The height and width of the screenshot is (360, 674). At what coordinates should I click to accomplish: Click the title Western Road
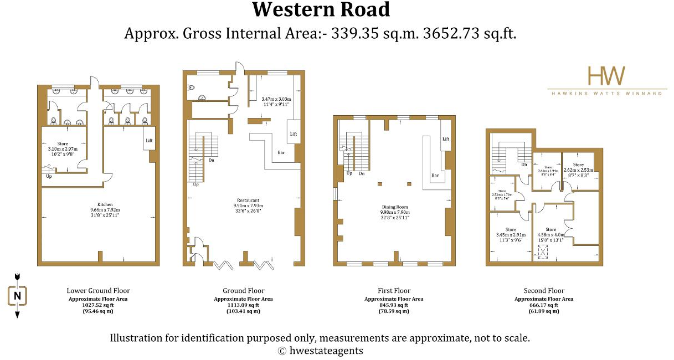[321, 10]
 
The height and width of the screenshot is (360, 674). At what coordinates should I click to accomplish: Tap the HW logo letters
[606, 76]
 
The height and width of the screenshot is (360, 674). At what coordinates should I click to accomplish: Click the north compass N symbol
[17, 296]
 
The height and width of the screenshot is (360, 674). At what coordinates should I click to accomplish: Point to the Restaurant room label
[246, 200]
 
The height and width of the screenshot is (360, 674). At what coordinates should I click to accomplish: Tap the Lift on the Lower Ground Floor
[149, 141]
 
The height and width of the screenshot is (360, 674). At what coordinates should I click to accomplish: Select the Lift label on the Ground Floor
[294, 134]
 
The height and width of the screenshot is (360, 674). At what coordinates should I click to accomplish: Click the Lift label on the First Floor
[445, 139]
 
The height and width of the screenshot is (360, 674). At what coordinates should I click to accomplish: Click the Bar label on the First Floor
[435, 175]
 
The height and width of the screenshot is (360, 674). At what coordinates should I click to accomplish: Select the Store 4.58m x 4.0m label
[550, 229]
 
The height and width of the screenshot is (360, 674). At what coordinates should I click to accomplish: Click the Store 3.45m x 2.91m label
[510, 229]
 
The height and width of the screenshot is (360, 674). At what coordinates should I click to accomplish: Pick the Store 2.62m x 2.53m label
[578, 164]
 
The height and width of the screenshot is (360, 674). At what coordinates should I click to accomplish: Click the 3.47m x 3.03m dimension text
[275, 99]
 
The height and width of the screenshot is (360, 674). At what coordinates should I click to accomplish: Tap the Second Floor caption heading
[544, 290]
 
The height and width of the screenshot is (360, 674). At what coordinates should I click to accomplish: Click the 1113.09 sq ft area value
[243, 305]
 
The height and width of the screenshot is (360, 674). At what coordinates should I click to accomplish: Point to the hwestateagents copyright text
[320, 351]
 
